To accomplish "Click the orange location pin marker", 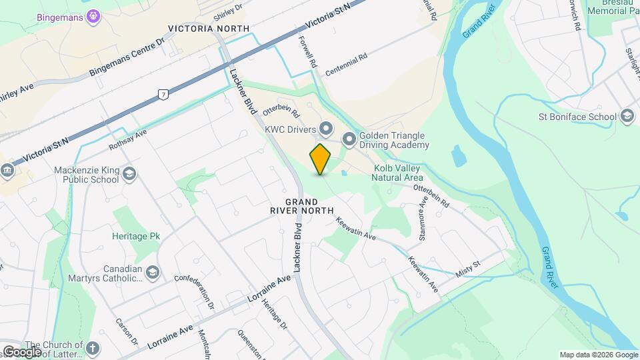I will (321, 159).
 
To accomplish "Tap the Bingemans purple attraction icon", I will (93, 14).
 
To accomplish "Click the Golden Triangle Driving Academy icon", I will (349, 139).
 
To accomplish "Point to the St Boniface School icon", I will (626, 117).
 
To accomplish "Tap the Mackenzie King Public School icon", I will (129, 174).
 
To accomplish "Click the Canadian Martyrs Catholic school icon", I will (153, 273).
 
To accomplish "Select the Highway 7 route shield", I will (162, 94).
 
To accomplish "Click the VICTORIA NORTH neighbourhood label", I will (209, 29).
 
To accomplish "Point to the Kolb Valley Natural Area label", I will (399, 173).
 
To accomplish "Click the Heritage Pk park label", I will (137, 237).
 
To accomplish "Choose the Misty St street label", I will (468, 269).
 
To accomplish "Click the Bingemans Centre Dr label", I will (127, 57).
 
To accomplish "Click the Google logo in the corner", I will (22, 351).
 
